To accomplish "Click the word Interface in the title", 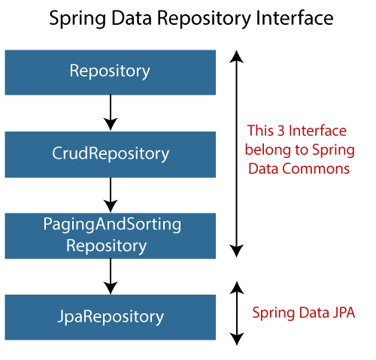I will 290,19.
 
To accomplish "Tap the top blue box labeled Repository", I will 110,71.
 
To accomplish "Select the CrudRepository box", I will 110,153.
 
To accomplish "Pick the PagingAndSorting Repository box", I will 110,234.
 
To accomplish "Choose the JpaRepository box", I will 110,316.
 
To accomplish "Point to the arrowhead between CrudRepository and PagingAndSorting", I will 111,205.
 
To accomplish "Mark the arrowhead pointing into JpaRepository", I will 111,287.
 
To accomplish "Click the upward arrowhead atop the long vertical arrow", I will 237,56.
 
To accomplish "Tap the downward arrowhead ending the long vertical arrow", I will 237,251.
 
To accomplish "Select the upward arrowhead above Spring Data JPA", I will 237,287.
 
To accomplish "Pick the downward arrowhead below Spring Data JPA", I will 237,339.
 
